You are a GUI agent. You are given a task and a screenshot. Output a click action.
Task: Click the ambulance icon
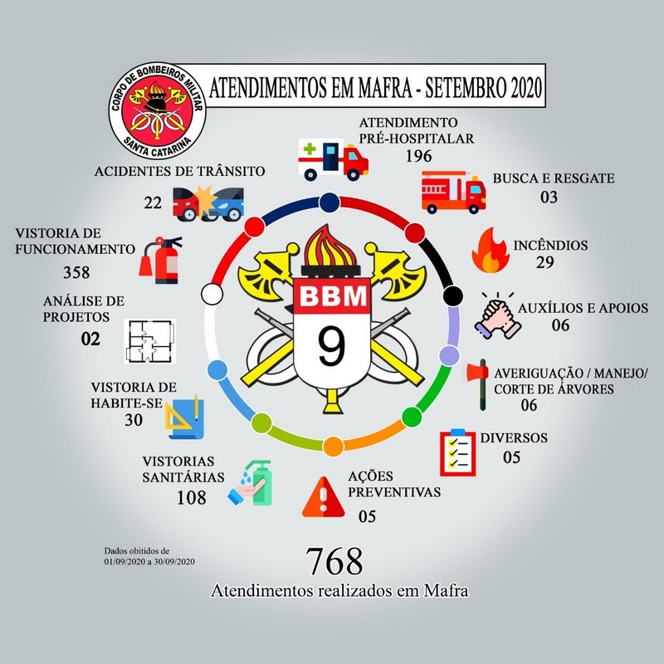331,158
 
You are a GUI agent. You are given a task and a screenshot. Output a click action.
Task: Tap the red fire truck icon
453,192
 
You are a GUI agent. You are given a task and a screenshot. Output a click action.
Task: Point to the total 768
334,562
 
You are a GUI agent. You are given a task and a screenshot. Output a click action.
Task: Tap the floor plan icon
150,339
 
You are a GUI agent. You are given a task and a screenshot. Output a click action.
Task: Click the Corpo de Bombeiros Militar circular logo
157,103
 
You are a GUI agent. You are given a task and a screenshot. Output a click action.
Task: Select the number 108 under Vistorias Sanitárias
191,498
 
